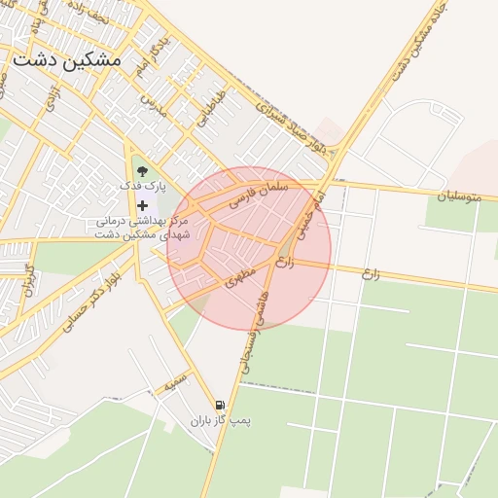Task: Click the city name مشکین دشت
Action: tap(67, 59)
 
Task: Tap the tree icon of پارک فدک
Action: tap(144, 171)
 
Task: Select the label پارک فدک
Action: tap(144, 186)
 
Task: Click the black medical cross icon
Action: tap(144, 205)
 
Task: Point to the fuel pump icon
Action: tap(220, 406)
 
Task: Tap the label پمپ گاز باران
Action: tap(220, 421)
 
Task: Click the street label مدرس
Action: tap(153, 105)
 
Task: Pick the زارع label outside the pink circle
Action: tap(369, 273)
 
